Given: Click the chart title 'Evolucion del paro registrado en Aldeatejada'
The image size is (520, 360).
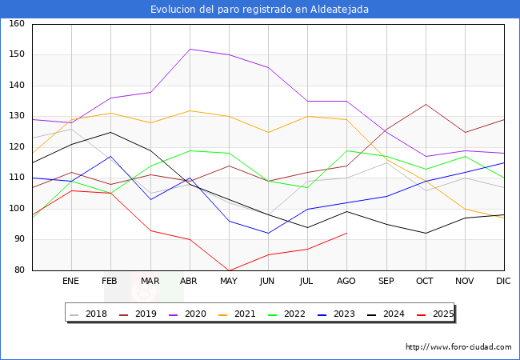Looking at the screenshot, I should [x=260, y=10].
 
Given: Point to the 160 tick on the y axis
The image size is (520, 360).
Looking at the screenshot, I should [x=16, y=24].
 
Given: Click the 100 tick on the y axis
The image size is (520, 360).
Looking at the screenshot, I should [x=16, y=209].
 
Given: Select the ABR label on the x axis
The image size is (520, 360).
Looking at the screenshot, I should [x=189, y=282].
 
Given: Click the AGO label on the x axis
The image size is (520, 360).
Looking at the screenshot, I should [x=346, y=282].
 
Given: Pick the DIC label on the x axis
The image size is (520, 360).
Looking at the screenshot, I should [x=503, y=282].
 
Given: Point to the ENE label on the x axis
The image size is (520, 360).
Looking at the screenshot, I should [x=71, y=282].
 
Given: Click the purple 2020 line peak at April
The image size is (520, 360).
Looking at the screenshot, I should [x=190, y=49].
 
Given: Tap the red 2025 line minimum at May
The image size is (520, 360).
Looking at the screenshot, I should [x=229, y=270].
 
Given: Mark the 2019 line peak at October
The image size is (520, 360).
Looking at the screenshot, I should [x=426, y=104].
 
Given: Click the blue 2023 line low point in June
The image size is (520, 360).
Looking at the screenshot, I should [x=268, y=234].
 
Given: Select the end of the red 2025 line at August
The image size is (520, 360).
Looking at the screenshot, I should [x=346, y=233].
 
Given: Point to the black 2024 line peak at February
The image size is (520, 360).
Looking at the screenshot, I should [x=110, y=132].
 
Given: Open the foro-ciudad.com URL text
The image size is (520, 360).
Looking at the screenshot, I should [x=458, y=347].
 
